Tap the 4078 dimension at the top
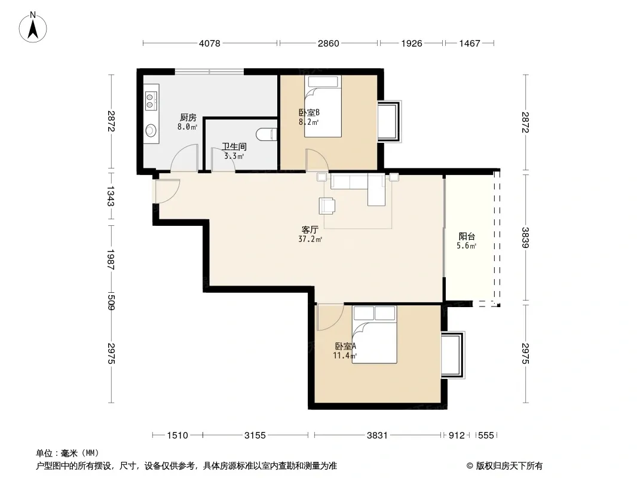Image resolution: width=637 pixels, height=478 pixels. click(x=210, y=43)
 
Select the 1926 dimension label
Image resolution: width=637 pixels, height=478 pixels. click(x=412, y=43)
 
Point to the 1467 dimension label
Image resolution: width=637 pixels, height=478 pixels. click(x=470, y=43)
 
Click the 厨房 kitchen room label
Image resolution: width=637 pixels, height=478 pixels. click(x=188, y=117)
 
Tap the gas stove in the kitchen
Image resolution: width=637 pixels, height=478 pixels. click(x=151, y=101)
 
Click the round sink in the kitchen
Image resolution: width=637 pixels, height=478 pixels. click(x=151, y=130)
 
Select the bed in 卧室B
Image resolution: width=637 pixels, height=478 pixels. click(x=323, y=106)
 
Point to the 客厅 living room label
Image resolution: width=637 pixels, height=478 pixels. click(x=310, y=230)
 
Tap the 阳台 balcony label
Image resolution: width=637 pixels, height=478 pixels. click(x=467, y=237)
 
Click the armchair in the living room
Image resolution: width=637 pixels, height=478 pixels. click(x=327, y=206)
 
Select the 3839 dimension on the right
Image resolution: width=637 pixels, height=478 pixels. click(x=526, y=238)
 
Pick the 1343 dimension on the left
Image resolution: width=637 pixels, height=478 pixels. click(x=111, y=196)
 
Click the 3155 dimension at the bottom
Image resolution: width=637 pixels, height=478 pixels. click(x=255, y=436)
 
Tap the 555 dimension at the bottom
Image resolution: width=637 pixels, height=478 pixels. click(x=486, y=436)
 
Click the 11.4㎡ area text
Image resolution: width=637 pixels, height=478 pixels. click(x=345, y=356)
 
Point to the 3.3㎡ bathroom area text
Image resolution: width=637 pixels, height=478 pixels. click(x=234, y=156)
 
